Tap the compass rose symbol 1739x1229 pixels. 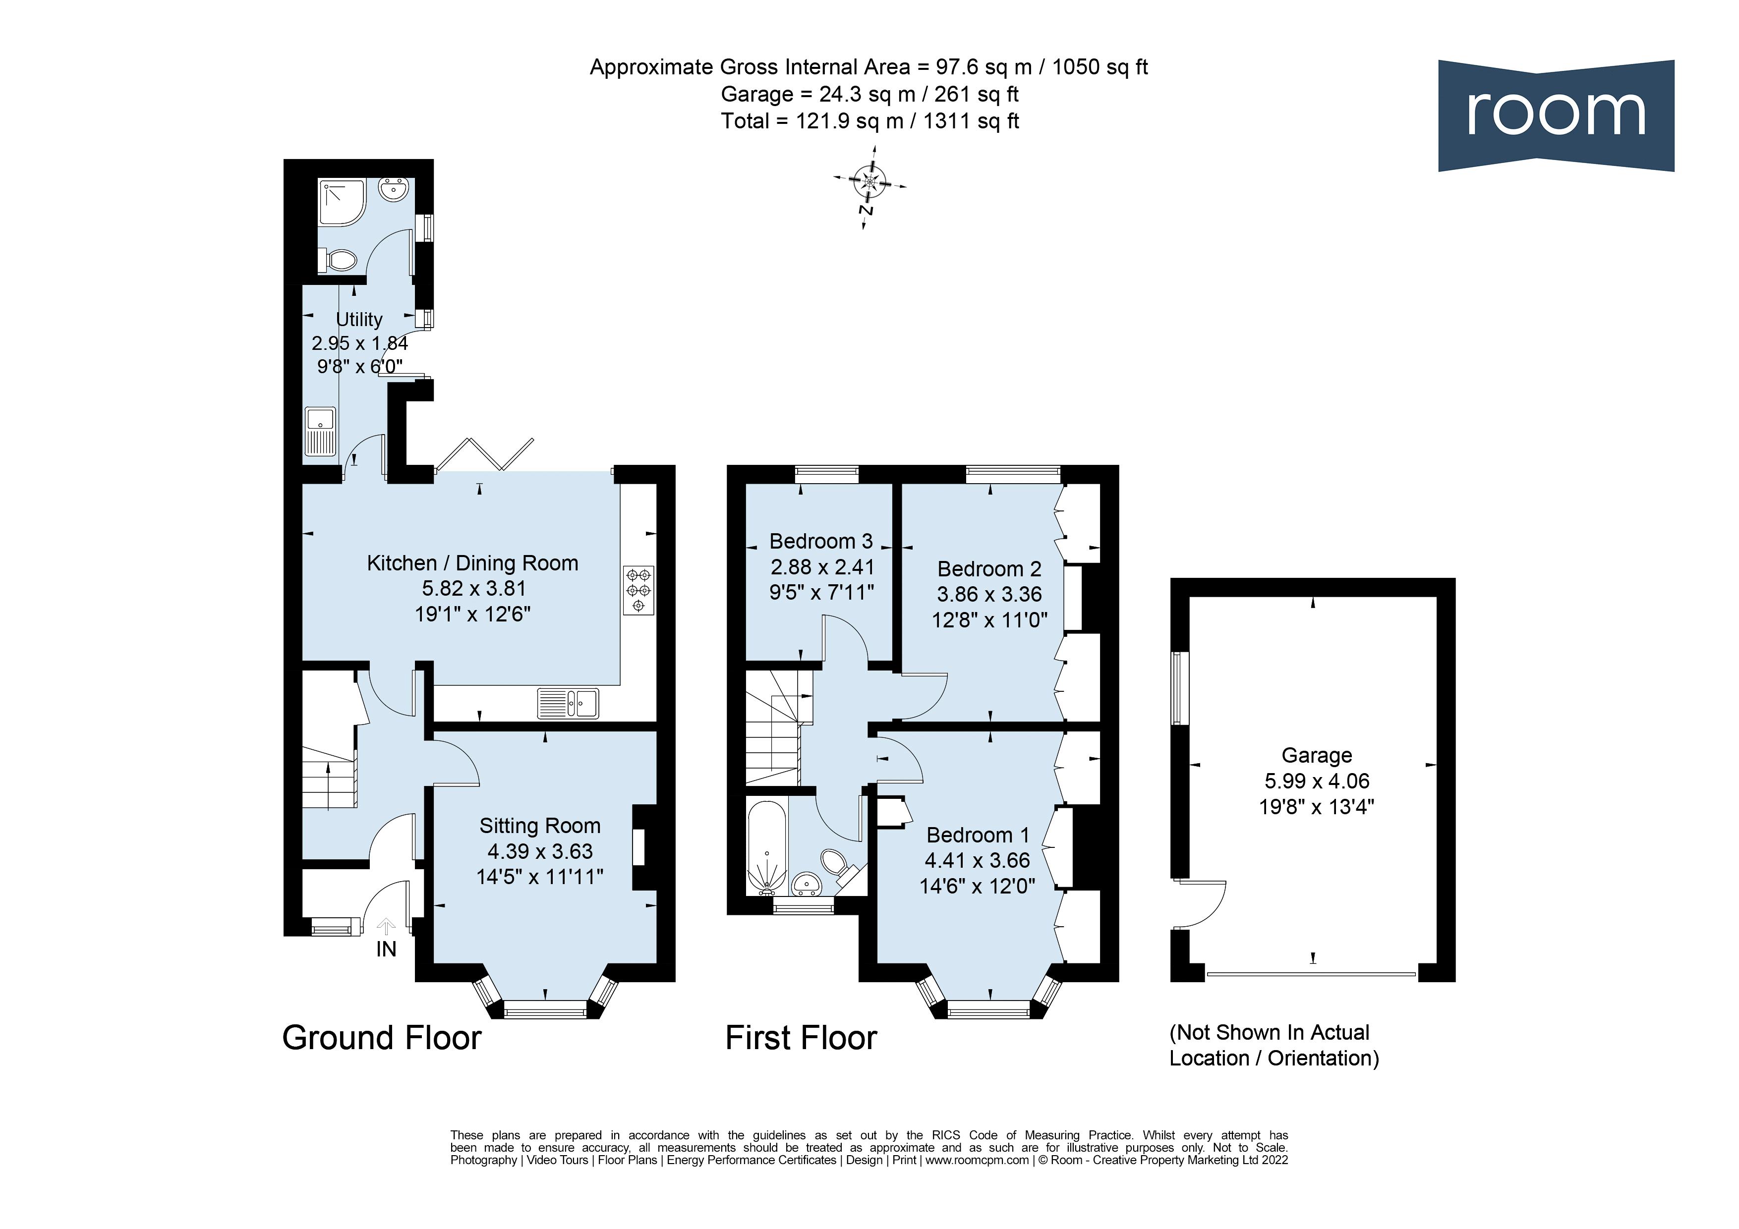[x=869, y=182]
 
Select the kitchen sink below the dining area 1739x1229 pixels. [x=568, y=703]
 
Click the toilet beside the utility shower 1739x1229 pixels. [x=339, y=261]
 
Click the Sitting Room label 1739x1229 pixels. [x=539, y=826]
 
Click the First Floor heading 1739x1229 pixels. [x=801, y=1037]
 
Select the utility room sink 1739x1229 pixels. [x=320, y=432]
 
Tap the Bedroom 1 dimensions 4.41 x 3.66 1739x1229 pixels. [x=977, y=860]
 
